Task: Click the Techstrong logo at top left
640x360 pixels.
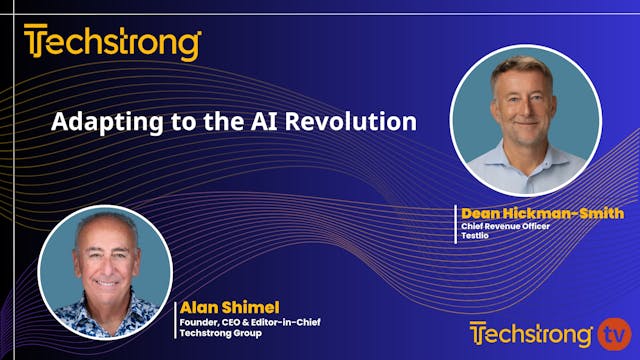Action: click(x=113, y=44)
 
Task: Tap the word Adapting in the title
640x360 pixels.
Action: click(x=93, y=123)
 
